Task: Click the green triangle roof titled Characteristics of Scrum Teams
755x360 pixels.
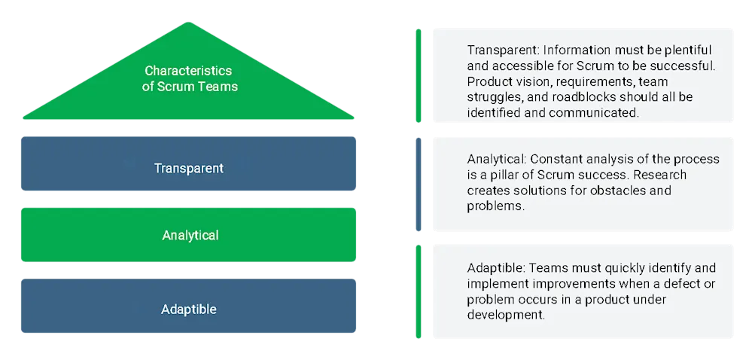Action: (189, 98)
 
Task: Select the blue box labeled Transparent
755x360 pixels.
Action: (188, 168)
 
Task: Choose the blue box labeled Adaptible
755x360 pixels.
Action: (188, 309)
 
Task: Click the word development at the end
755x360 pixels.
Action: (504, 316)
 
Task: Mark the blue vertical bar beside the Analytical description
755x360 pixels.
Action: (419, 185)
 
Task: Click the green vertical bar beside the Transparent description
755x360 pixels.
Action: (419, 75)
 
